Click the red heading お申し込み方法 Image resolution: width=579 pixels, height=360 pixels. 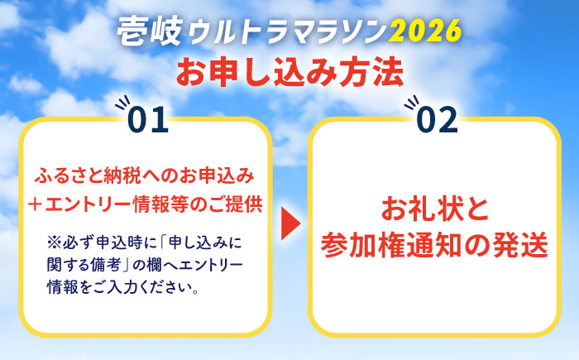[289, 71]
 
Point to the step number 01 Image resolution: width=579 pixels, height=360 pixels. [149, 121]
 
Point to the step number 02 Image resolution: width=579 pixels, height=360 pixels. [437, 121]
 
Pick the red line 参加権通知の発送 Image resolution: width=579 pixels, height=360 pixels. [434, 246]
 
